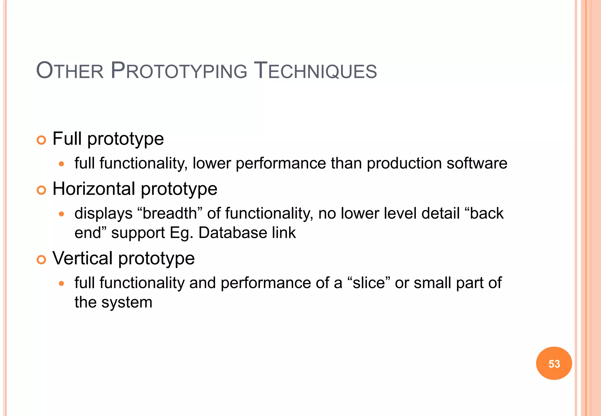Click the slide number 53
tap(554, 364)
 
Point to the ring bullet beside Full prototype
tap(41, 140)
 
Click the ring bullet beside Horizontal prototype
tap(41, 190)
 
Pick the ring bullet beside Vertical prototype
tap(41, 260)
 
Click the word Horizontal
tap(94, 189)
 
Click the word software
tap(477, 163)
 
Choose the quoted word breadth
tap(170, 213)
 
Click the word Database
tap(233, 233)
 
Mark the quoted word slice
tap(369, 283)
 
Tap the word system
tap(127, 302)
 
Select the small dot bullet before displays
tap(61, 214)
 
